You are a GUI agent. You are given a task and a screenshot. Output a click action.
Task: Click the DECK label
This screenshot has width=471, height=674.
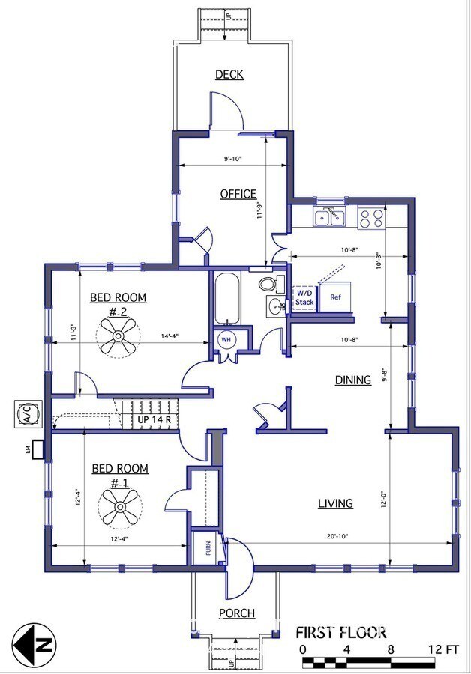(x=229, y=74)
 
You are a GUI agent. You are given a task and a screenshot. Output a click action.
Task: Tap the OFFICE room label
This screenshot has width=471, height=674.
(x=238, y=194)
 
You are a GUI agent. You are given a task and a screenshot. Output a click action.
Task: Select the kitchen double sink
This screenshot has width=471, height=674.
(x=330, y=217)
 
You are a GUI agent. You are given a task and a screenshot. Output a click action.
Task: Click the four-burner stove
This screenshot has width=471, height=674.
(x=371, y=217)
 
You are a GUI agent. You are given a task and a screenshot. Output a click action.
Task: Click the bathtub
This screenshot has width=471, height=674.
(x=227, y=299)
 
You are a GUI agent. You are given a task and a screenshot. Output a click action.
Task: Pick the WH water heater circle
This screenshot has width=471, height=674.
(x=226, y=339)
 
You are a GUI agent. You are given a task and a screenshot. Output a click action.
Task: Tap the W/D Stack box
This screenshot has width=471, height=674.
(x=304, y=297)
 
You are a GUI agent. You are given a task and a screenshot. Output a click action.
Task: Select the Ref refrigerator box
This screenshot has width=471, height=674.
(x=335, y=297)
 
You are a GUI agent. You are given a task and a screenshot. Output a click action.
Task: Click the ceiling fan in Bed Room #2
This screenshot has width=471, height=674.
(x=118, y=336)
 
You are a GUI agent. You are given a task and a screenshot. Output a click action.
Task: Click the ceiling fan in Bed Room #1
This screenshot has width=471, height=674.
(x=120, y=507)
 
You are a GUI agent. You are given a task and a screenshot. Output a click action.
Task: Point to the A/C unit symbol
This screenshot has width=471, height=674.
(x=28, y=414)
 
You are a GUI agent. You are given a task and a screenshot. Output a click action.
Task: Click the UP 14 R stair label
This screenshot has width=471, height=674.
(x=154, y=419)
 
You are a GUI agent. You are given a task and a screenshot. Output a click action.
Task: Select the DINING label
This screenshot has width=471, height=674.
(x=353, y=380)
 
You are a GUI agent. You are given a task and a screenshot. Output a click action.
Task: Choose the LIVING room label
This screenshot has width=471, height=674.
(x=335, y=503)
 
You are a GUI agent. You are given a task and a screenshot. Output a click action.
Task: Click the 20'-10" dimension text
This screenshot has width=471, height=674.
(x=337, y=536)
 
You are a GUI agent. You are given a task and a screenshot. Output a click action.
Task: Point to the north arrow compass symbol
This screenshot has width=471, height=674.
(x=34, y=645)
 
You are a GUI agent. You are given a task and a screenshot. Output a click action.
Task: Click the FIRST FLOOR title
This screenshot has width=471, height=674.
(x=340, y=632)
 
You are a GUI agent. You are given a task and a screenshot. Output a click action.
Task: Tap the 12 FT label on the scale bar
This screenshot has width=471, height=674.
(x=443, y=649)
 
